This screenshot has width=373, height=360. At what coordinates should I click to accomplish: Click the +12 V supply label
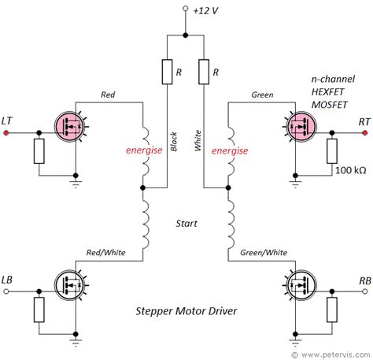[205, 11]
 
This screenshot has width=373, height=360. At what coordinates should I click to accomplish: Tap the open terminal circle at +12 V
[186, 9]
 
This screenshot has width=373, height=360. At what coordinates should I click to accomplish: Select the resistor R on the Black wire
[167, 72]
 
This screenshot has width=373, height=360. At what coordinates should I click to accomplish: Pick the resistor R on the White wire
[204, 72]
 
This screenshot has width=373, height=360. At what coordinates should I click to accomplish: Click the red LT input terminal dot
[6, 133]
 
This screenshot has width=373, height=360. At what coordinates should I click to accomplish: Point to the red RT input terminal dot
[364, 133]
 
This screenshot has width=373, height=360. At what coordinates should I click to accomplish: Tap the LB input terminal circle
[6, 291]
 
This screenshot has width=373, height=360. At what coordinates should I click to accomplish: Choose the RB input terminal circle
[364, 291]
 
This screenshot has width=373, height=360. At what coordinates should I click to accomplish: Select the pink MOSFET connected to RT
[301, 127]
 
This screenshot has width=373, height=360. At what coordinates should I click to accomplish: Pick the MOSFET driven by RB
[301, 285]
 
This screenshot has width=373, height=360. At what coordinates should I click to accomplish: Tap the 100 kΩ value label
[351, 170]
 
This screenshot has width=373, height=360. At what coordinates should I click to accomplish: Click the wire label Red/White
[106, 253]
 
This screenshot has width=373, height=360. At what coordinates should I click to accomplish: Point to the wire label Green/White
[264, 253]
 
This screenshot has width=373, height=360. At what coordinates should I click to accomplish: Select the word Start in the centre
[186, 224]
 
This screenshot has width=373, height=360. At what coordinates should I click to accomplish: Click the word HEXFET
[327, 92]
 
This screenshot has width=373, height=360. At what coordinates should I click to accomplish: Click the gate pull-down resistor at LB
[39, 310]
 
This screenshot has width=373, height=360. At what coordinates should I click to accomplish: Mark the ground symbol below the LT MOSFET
[76, 184]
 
